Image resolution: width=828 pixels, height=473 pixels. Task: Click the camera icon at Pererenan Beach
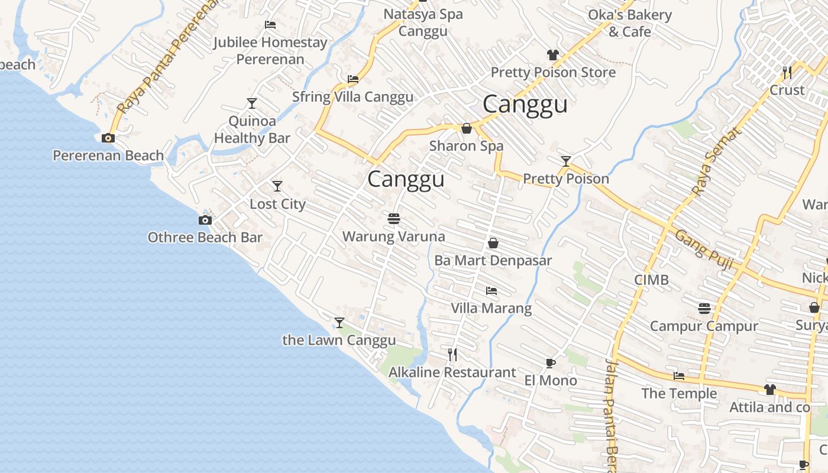tap(108, 138)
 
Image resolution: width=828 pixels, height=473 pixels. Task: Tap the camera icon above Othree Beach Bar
tap(205, 221)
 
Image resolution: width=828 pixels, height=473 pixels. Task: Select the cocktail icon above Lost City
tap(277, 187)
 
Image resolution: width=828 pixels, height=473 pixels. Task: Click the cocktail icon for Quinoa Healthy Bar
tap(252, 104)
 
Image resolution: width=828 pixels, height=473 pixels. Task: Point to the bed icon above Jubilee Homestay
tap(270, 25)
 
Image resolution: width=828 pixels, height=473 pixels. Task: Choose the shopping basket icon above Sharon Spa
tap(467, 128)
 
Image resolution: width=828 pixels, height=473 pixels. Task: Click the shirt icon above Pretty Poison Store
tap(552, 55)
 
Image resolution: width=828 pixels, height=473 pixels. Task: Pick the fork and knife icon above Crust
tap(787, 73)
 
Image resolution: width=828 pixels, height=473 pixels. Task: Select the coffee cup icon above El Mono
tap(551, 363)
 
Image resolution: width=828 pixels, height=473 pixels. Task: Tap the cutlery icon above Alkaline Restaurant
tap(452, 355)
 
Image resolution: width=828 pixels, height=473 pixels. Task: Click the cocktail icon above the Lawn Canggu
tap(339, 323)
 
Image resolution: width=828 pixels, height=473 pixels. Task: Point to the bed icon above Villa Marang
tap(491, 291)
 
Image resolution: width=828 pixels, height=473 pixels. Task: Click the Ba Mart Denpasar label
tap(493, 261)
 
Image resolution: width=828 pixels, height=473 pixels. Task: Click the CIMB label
tap(651, 280)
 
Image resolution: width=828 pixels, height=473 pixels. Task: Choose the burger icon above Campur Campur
tap(704, 309)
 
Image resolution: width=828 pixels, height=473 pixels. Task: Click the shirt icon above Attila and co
tap(769, 390)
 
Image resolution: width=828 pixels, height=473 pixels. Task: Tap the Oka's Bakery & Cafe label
tap(629, 23)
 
